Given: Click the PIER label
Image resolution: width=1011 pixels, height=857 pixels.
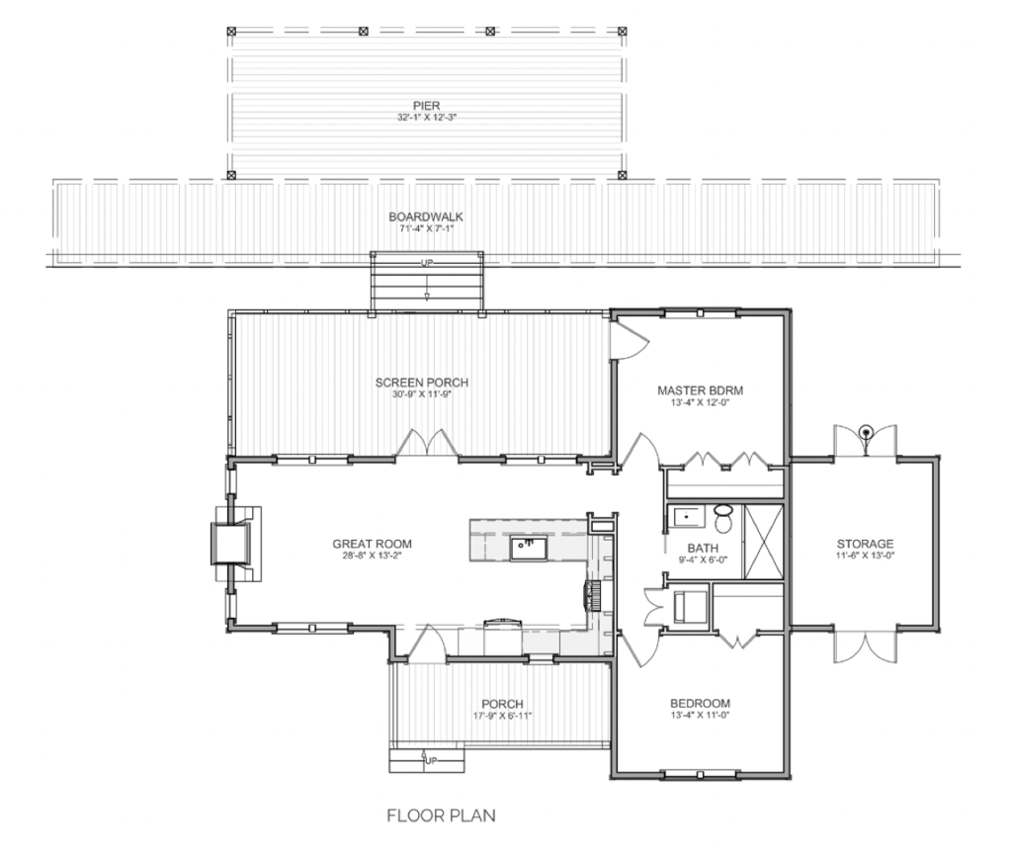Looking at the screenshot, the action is click(426, 105).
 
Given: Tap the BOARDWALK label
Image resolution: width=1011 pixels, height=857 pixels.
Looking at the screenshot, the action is click(426, 217).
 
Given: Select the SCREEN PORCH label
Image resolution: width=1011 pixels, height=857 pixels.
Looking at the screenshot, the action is click(422, 383).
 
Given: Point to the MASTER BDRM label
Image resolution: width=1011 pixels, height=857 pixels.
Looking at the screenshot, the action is click(701, 390).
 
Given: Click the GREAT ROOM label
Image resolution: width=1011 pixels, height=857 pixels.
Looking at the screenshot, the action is click(372, 544).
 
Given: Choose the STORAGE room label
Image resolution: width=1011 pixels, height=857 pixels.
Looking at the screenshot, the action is click(866, 544).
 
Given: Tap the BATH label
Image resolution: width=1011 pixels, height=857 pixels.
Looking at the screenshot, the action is click(703, 549).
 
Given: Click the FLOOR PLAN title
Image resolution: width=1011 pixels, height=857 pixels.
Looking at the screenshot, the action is click(442, 815).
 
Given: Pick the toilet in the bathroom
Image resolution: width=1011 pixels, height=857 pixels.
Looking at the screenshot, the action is click(724, 518).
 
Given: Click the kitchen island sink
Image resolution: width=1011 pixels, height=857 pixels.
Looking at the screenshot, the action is click(529, 549).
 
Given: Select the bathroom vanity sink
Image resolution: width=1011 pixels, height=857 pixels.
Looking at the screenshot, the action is click(687, 517).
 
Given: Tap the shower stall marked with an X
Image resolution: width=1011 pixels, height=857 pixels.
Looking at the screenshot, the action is click(763, 542).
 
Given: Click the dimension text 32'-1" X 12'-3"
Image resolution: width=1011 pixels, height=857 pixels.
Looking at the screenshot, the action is click(427, 118).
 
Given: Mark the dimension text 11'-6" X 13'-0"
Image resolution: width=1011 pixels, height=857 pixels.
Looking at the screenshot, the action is click(866, 556).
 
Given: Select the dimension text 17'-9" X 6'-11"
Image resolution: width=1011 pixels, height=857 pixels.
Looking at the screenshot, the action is click(502, 715).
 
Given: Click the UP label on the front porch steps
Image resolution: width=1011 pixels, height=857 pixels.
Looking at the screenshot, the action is click(431, 761).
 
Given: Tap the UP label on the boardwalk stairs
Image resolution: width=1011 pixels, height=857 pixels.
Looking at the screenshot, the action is click(427, 263).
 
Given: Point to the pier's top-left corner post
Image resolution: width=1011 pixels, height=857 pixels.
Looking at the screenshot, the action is click(232, 31).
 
